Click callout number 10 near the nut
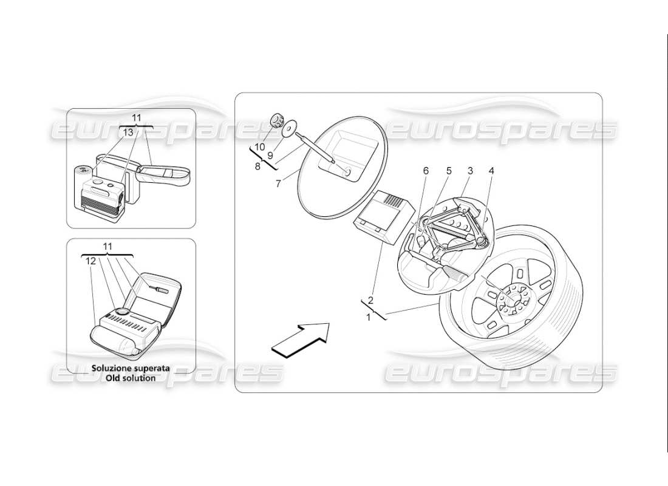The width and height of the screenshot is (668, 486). tap(260, 147)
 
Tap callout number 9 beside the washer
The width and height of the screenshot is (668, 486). tap(270, 156)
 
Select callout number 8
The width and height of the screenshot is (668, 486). tap(257, 165)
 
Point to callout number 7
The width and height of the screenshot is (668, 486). tap(278, 183)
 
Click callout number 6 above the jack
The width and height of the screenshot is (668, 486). tap(426, 171)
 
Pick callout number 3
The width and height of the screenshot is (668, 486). tap(469, 171)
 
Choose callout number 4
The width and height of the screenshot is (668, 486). tap(491, 171)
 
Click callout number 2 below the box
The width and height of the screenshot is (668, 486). tap(370, 300)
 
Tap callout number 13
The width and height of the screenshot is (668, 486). tap(128, 132)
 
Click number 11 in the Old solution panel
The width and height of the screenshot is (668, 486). tap(107, 247)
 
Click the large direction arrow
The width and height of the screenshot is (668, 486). tap(300, 338)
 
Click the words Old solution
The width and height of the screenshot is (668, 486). tap(130, 377)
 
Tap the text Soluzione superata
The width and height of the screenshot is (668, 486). tap(130, 368)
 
